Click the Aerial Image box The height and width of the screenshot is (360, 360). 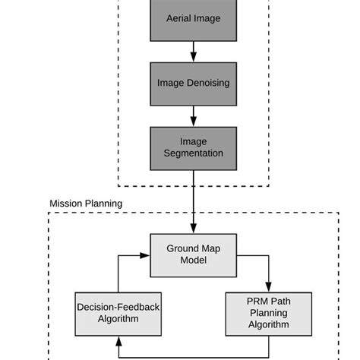point(193,18)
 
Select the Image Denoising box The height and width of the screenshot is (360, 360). point(193,83)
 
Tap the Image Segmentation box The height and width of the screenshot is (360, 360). point(193,147)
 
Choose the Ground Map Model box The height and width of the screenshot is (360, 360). point(193,254)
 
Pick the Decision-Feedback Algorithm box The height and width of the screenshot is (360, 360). point(118,314)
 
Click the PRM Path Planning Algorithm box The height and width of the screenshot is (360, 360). point(269,314)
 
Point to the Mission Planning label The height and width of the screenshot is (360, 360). point(86,204)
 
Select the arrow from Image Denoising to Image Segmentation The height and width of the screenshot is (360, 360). point(193,115)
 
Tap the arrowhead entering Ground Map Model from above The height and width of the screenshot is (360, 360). point(193,230)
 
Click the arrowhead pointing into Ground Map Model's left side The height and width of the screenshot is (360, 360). point(144,255)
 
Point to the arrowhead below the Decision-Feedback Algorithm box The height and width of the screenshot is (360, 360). point(118,342)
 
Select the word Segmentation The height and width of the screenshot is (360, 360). point(193,153)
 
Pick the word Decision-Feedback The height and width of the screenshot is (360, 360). point(118,308)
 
